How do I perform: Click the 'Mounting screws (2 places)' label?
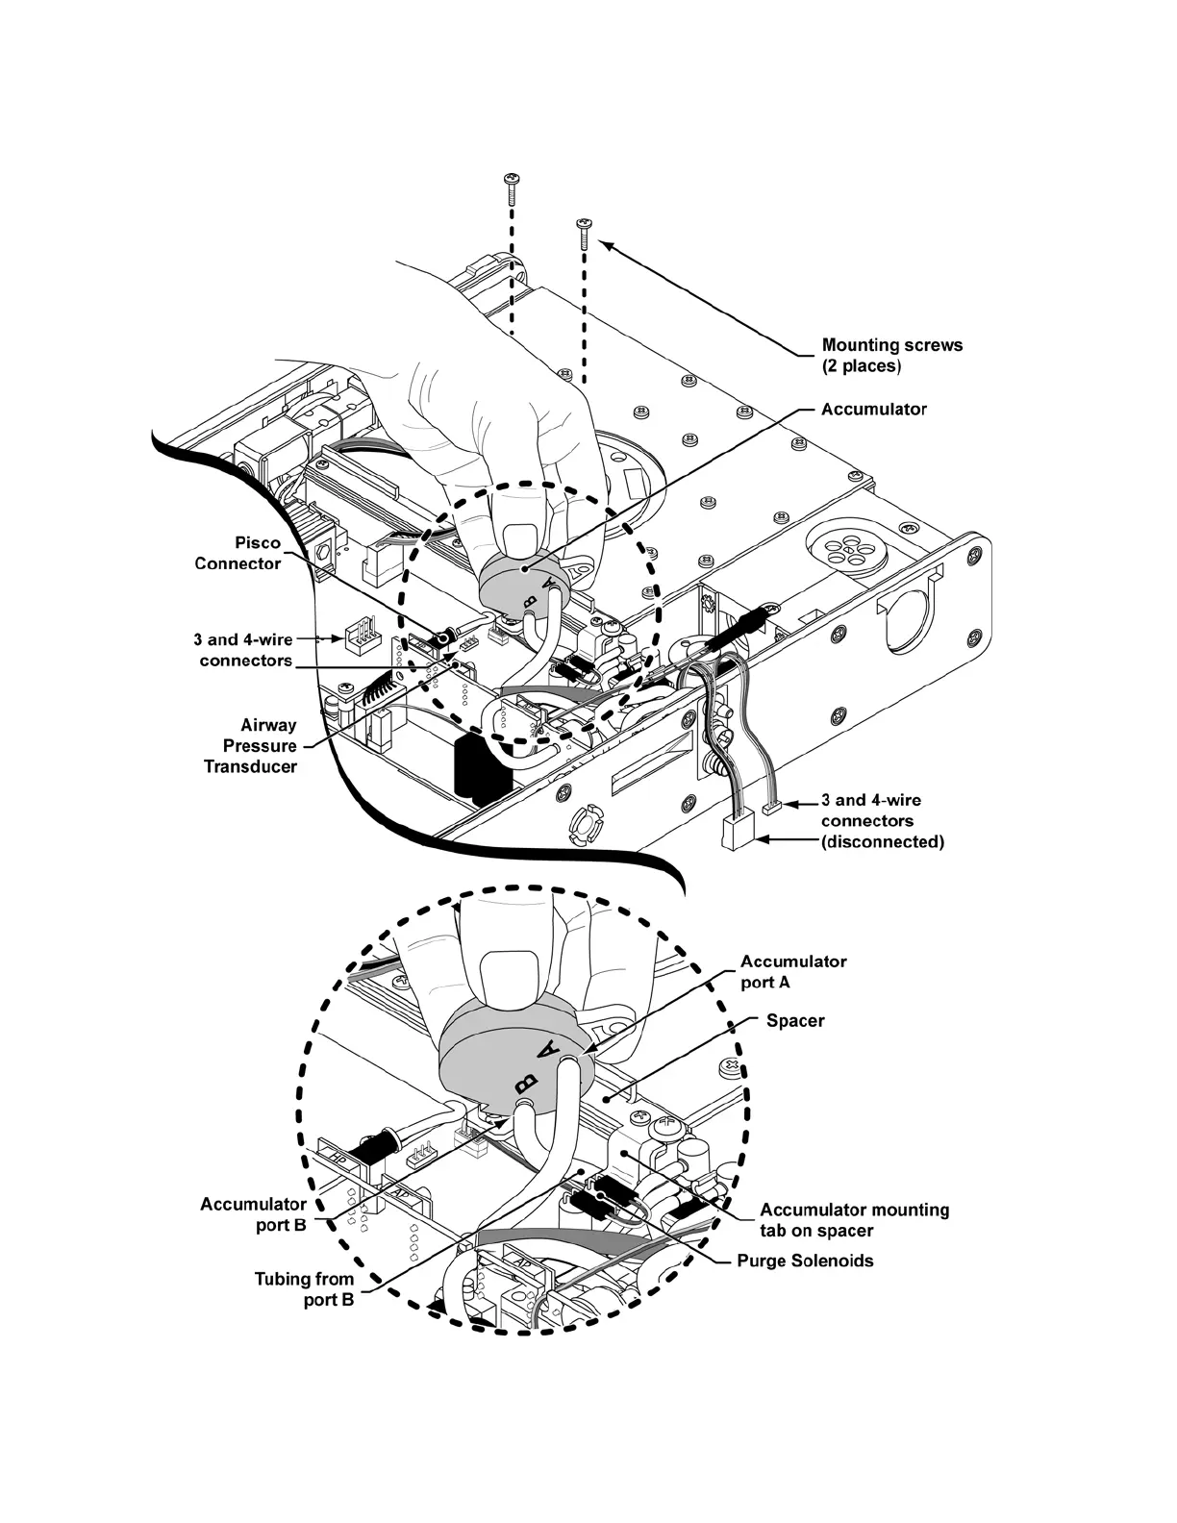[x=891, y=356]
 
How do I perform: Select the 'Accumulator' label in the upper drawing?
[x=873, y=410]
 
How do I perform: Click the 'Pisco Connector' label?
[x=238, y=553]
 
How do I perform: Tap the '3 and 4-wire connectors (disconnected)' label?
[x=881, y=821]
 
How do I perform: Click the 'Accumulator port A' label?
[x=793, y=971]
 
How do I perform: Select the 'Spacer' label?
[x=795, y=1020]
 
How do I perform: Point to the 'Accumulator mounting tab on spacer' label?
[x=854, y=1220]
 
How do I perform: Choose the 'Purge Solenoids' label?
[x=805, y=1261]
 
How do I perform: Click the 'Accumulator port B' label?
[x=254, y=1214]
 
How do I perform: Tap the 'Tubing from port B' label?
[x=304, y=1289]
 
